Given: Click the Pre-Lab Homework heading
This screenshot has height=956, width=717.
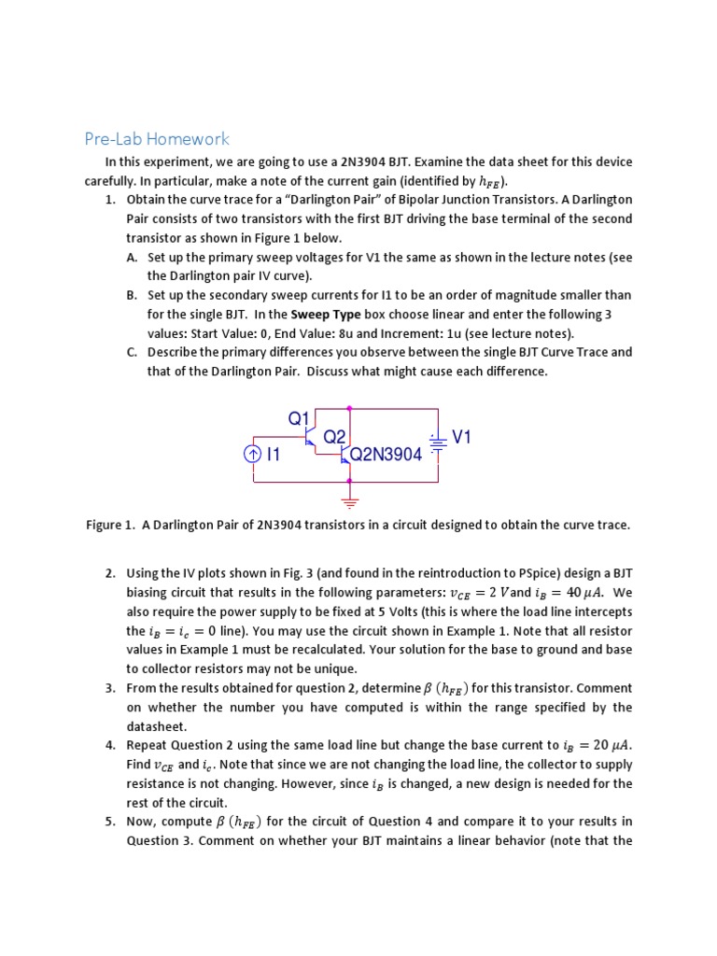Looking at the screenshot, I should pos(156,139).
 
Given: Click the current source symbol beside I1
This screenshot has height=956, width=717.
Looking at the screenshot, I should pos(253,455).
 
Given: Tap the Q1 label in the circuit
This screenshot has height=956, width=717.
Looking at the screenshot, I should pos(298,418).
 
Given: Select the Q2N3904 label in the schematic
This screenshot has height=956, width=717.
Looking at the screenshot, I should pos(386,455).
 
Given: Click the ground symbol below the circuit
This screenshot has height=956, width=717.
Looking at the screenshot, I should pos(350,501).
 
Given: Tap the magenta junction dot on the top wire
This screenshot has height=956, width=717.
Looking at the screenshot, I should pos(350,408).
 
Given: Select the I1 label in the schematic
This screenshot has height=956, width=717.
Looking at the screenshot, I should pos(274,455).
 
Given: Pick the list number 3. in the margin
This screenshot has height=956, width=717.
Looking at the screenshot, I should pos(110,688).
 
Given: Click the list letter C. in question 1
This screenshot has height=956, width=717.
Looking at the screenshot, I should pos(132,352).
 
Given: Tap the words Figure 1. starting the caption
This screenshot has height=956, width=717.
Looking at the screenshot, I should pos(110,525).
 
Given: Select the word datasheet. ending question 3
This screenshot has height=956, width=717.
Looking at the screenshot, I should pos(157,725).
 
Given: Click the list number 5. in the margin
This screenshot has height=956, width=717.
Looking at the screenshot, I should pos(110,821).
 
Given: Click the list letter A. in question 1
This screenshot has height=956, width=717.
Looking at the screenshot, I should pos(132,257).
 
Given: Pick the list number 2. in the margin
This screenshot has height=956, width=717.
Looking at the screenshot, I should pos(110,573).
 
